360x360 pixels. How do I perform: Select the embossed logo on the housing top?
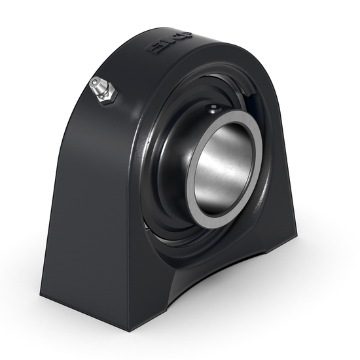coord(168,43)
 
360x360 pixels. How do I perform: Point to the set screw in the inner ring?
coord(213,107)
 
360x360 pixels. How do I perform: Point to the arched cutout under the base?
coord(216,275)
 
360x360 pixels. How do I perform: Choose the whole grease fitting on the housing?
coord(103,90)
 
